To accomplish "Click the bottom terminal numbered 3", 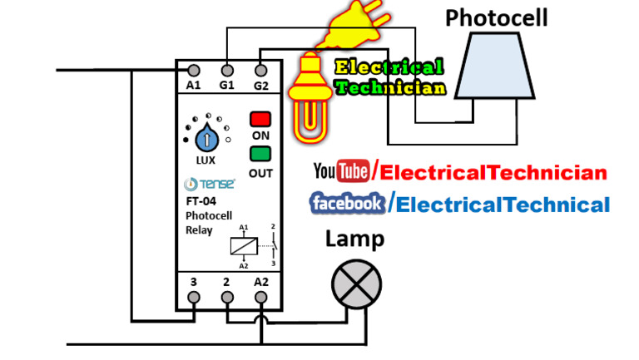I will [x=194, y=297].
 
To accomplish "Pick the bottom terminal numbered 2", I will [x=227, y=297].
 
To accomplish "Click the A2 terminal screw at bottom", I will [x=260, y=297].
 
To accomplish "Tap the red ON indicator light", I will [x=260, y=119].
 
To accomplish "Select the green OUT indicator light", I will [x=260, y=154].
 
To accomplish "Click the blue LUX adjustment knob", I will [x=205, y=136].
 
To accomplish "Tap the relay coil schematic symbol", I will [x=243, y=244].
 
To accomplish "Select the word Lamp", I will [x=354, y=239].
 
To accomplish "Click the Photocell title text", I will [x=497, y=17].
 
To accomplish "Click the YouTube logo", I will [x=341, y=172].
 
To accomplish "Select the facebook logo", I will [x=347, y=202].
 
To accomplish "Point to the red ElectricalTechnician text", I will [x=491, y=173].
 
